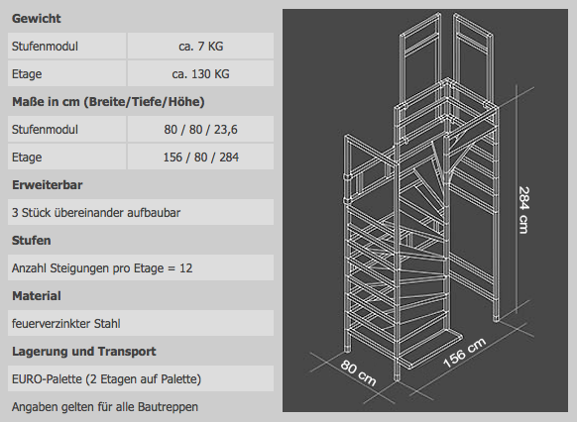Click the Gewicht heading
tap(36, 19)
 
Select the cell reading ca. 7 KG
tap(200, 46)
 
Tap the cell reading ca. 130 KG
tap(200, 74)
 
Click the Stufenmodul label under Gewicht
tap(45, 47)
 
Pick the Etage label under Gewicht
tap(27, 74)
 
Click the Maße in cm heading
tap(108, 102)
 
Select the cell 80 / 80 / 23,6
tap(200, 130)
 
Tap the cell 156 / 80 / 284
tap(200, 158)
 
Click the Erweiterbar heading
tap(48, 185)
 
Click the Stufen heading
tap(32, 241)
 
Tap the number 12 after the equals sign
tap(185, 268)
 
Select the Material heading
tap(37, 296)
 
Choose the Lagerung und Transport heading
tap(84, 352)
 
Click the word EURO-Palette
tap(47, 379)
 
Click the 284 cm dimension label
tap(523, 210)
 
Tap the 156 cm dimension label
tap(465, 353)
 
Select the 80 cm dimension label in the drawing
tap(358, 373)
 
